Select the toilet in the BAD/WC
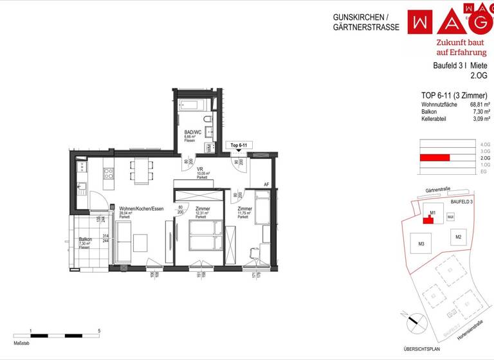click(208, 121)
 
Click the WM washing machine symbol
click(210, 148)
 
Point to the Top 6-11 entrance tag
click(239, 146)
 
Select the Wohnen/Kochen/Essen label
click(141, 209)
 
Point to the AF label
click(266, 184)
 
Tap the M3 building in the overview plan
click(421, 244)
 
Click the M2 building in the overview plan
click(458, 238)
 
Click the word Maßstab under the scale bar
click(21, 344)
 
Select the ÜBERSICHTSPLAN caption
click(421, 349)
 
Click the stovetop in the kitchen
click(108, 173)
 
